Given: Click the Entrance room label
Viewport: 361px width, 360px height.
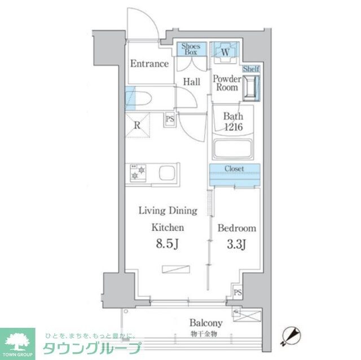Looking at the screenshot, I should pos(149,64).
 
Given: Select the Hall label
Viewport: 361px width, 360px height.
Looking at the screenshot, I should pos(192,82).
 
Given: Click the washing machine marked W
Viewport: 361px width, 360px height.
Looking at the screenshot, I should pos(225,52).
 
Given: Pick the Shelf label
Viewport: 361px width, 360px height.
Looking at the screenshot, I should pos(252,69).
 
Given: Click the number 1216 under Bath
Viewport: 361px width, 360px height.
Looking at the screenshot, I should pos(232,128).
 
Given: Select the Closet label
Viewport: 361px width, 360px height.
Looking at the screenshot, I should pos(234,168).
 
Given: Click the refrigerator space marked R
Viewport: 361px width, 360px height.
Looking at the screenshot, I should pos(138,126).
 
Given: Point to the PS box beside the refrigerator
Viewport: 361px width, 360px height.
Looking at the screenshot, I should pos(169,119).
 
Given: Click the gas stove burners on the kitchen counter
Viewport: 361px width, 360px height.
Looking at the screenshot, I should pos(137,172).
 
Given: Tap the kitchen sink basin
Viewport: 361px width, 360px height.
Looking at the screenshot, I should pos(168,173).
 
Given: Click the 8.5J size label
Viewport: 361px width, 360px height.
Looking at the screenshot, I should pos(168,245).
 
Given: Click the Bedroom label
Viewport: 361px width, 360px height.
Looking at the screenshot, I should pos(237,229).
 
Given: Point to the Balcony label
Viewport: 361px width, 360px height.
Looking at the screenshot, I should pos(205,323).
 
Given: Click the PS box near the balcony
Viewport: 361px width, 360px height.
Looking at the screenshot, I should pos(237,293).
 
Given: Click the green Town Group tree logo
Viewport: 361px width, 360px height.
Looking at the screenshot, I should pos(17,342).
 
